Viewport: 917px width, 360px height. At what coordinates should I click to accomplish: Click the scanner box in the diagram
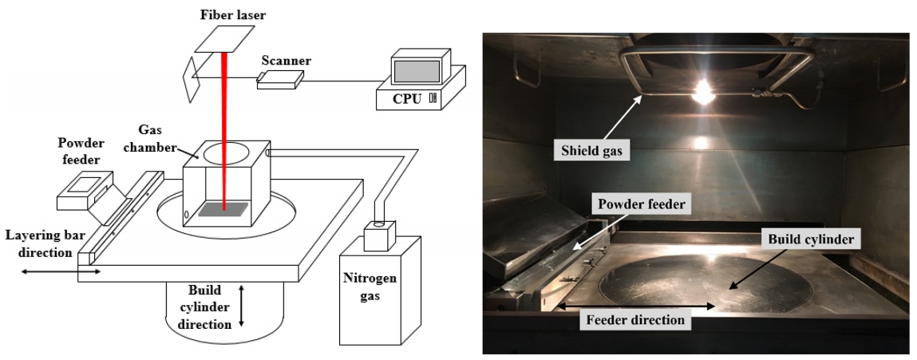[x=280, y=77]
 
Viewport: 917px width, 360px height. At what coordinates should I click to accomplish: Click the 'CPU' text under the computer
[x=407, y=99]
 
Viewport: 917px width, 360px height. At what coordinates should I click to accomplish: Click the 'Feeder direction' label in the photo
[x=635, y=320]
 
